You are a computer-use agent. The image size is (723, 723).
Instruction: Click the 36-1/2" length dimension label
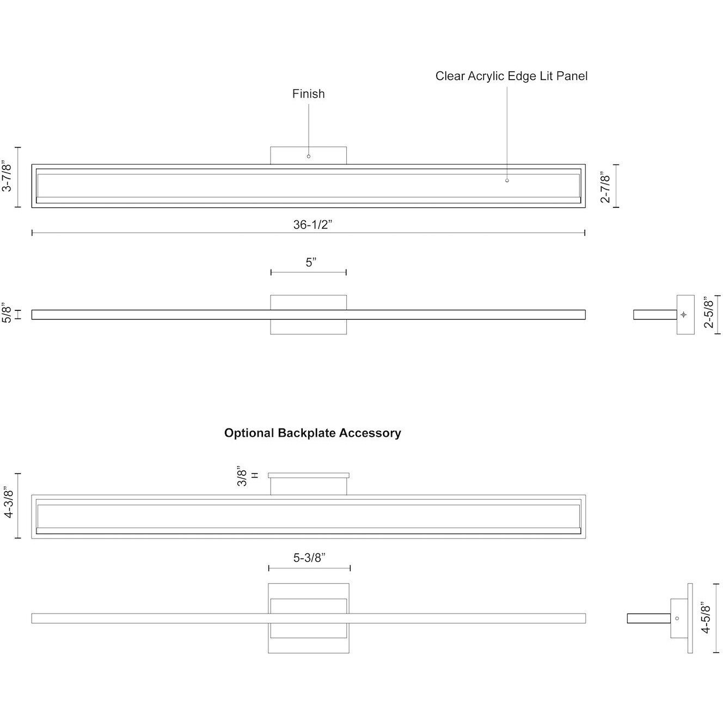(x=313, y=225)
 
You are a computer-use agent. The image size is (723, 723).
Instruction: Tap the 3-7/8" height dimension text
(x=8, y=176)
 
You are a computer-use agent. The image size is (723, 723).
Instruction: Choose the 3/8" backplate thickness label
(x=243, y=477)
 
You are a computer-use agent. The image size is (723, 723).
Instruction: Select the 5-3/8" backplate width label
(x=309, y=557)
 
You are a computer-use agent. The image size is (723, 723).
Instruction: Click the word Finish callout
(x=308, y=94)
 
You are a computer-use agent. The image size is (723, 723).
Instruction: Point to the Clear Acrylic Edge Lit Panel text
(x=511, y=76)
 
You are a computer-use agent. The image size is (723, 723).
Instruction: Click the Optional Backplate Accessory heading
(x=313, y=433)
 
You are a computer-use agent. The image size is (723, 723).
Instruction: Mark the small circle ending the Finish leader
(x=309, y=156)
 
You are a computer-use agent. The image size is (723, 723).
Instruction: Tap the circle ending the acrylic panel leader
(x=507, y=180)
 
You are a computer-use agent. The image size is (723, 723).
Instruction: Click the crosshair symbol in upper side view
(x=684, y=315)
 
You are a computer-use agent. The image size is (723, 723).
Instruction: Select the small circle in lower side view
(x=677, y=618)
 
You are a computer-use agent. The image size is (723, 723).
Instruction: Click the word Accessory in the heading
(x=370, y=433)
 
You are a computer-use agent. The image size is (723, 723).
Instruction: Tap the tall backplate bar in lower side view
(x=690, y=618)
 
